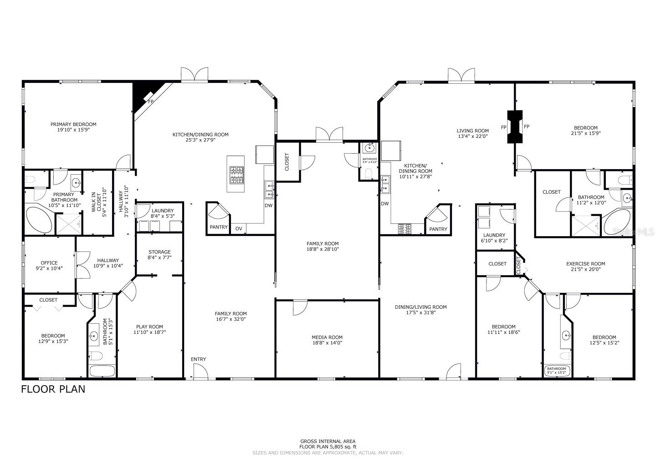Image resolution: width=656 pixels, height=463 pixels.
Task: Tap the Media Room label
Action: (x=327, y=340)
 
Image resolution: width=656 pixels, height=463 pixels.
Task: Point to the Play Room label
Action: (x=149, y=329)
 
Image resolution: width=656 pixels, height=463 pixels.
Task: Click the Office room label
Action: (x=49, y=266)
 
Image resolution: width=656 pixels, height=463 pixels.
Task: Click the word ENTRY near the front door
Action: (x=198, y=359)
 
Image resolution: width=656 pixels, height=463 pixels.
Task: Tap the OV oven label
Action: (x=239, y=229)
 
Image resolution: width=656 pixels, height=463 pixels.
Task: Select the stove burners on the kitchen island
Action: (x=236, y=175)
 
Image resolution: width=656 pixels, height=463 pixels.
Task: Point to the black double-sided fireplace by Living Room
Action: (x=515, y=127)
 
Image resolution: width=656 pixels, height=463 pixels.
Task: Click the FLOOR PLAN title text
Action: (x=53, y=389)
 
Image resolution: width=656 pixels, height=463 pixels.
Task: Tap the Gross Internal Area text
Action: (x=328, y=444)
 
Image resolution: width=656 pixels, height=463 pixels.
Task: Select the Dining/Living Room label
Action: (x=420, y=310)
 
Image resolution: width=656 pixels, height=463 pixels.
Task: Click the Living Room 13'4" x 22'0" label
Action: (x=473, y=134)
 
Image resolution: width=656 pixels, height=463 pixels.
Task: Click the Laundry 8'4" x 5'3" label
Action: (x=163, y=213)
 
